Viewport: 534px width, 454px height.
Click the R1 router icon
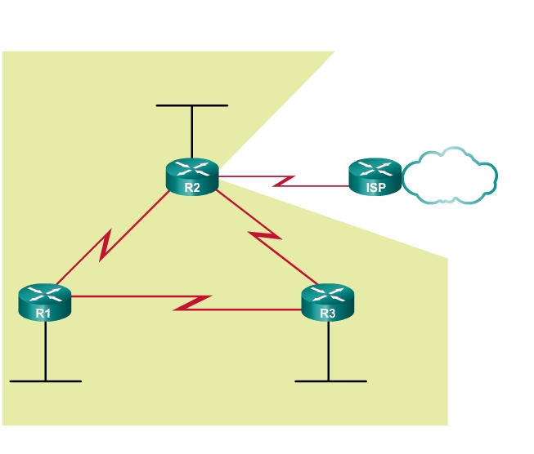44,301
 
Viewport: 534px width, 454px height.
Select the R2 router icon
192,176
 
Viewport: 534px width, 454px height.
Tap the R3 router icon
328,301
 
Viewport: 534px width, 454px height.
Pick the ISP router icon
375,176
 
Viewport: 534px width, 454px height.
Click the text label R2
192,187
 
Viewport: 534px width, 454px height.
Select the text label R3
328,313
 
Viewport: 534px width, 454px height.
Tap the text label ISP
375,187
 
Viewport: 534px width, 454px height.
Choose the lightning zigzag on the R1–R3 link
194,302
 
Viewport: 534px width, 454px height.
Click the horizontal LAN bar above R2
192,105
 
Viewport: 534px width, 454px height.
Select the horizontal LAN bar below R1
45,381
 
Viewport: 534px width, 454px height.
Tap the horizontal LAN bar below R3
330,381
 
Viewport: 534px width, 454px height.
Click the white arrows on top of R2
192,169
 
